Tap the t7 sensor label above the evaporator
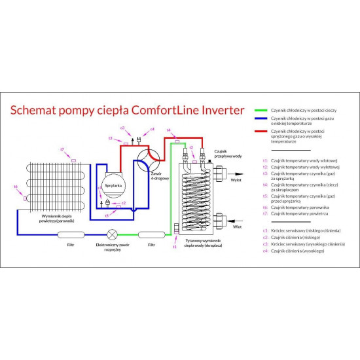pos(62,150)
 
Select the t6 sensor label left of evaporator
pos(16,187)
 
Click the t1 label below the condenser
pos(175,247)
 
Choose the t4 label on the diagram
pos(169,130)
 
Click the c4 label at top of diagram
pos(152,130)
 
